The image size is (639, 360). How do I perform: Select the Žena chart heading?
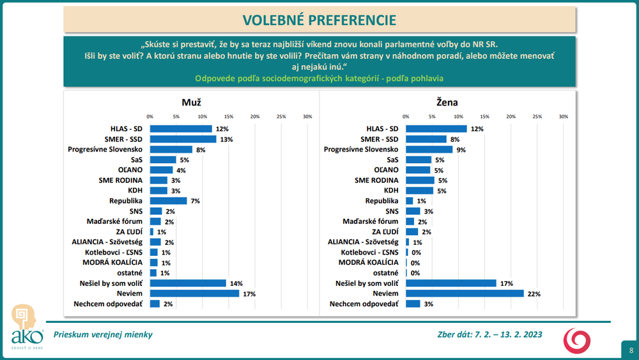pyautogui.click(x=448, y=102)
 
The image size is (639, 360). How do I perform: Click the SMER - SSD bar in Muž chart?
pyautogui.click(x=183, y=139)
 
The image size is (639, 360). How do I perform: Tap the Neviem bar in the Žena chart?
pyautogui.click(x=464, y=293)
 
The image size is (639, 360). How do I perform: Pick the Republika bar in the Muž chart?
pyautogui.click(x=168, y=201)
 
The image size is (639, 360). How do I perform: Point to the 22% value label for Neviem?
pyautogui.click(x=532, y=293)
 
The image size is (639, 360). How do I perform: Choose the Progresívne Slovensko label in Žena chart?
pyautogui.click(x=361, y=150)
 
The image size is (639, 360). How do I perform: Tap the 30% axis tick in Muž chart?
pyautogui.click(x=307, y=116)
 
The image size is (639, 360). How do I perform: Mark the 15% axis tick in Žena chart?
pyautogui.click(x=485, y=116)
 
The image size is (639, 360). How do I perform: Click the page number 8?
pyautogui.click(x=631, y=350)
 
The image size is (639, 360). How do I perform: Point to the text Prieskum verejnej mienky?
pyautogui.click(x=103, y=334)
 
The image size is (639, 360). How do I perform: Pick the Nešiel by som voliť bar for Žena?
pyautogui.click(x=451, y=283)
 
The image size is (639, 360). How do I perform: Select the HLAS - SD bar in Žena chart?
pyautogui.click(x=436, y=129)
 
